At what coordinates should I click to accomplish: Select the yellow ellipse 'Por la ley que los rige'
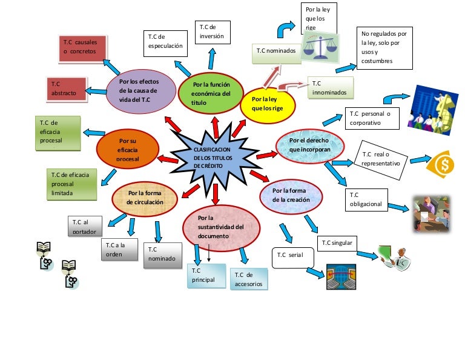click(x=268, y=103)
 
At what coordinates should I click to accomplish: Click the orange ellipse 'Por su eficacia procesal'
click(x=128, y=148)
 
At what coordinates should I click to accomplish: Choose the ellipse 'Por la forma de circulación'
click(x=145, y=198)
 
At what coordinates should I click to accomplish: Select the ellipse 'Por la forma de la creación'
click(x=291, y=195)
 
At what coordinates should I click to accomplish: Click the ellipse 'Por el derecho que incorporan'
click(x=309, y=145)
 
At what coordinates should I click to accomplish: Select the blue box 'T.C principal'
click(x=205, y=275)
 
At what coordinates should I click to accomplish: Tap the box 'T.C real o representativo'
click(x=381, y=159)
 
